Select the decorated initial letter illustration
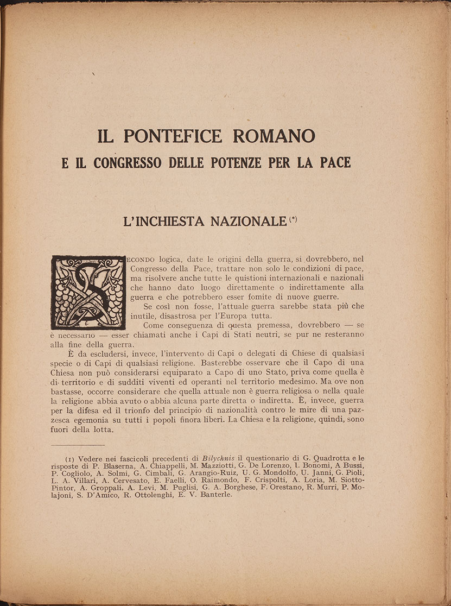(88, 292)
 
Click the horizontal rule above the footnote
(75, 445)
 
